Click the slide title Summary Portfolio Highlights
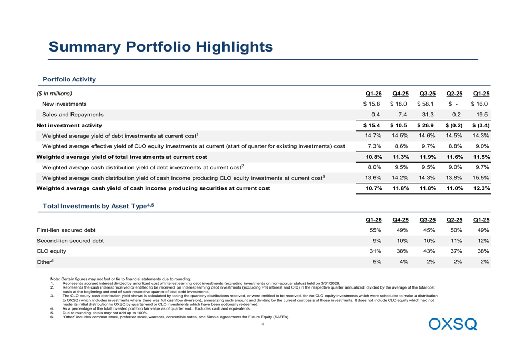point(160,47)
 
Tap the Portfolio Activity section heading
point(69,79)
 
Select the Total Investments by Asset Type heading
point(98,206)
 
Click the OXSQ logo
point(452,324)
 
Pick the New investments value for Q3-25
point(426,104)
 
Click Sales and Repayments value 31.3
point(428,114)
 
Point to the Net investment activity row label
point(69,126)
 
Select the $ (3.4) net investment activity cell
point(481,126)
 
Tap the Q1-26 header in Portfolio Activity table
point(373,94)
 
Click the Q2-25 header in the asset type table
point(454,220)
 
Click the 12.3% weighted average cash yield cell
point(481,188)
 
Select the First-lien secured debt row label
point(66,230)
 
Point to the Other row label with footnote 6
point(45,262)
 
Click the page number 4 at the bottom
point(262,324)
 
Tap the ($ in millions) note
point(54,94)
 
